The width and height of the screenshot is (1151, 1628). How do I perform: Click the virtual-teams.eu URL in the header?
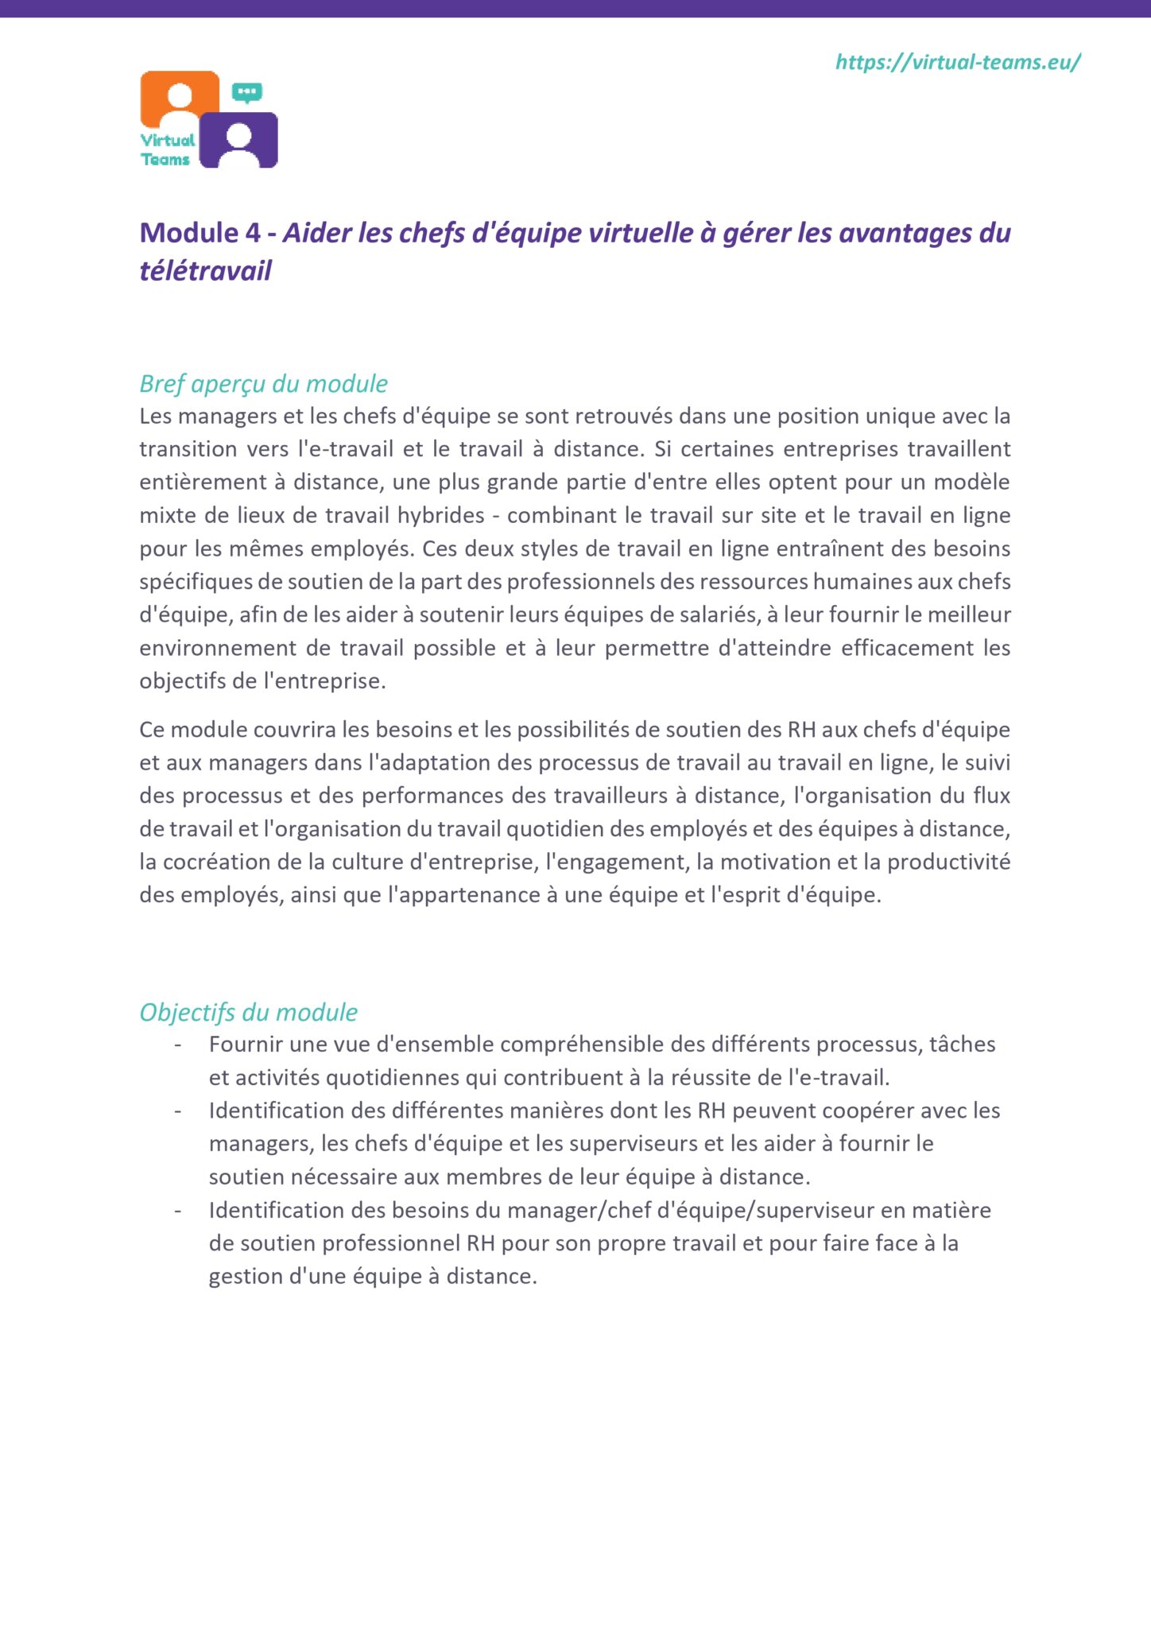958,62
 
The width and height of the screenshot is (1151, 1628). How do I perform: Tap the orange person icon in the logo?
180,99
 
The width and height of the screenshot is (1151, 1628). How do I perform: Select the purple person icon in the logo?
238,141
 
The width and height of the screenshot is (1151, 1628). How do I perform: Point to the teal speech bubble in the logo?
247,93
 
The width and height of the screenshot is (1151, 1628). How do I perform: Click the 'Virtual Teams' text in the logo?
167,149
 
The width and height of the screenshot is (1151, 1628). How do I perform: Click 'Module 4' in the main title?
200,233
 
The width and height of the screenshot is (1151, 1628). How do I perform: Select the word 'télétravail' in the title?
206,271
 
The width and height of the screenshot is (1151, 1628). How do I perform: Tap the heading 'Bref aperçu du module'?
263,384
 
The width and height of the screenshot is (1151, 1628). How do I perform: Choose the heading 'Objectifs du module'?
248,1012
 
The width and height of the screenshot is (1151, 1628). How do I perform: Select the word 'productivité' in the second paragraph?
949,862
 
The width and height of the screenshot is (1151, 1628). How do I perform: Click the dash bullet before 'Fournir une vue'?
178,1045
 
